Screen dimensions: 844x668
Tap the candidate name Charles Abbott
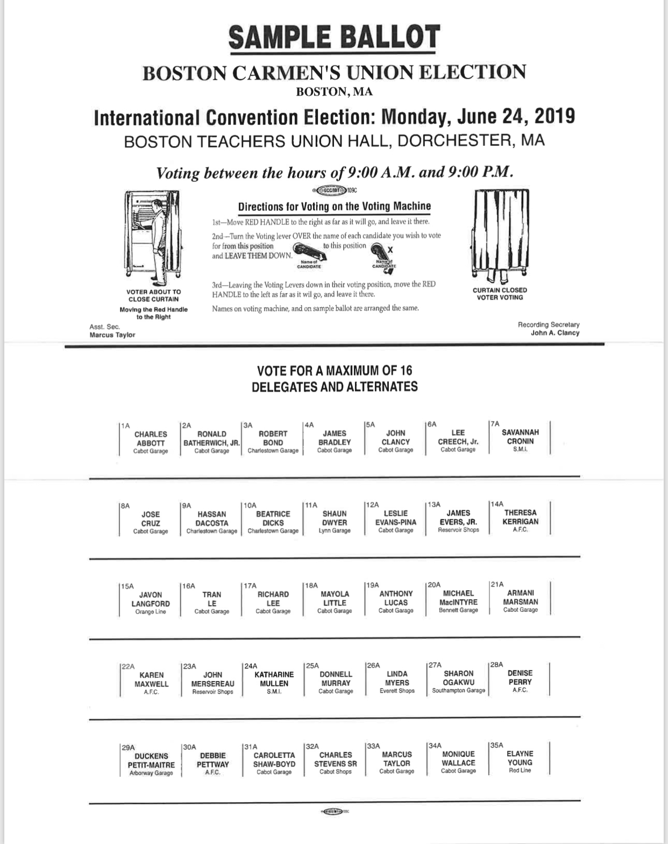[151, 438]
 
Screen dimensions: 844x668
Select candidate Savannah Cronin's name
[520, 436]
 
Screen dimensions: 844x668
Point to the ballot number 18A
[311, 585]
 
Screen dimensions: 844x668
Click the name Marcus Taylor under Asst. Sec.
[112, 335]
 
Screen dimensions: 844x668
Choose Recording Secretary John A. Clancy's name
[555, 332]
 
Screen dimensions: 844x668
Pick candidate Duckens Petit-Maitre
[151, 760]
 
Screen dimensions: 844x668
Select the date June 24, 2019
[516, 116]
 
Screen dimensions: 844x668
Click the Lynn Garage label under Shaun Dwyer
[335, 530]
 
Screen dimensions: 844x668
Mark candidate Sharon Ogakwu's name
[458, 678]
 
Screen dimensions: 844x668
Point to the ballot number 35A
[496, 745]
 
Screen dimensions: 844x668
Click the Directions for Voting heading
[334, 206]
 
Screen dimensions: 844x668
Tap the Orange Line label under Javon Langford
[151, 612]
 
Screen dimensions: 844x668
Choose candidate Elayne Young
[520, 758]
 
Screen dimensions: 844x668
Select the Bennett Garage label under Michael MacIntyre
[458, 610]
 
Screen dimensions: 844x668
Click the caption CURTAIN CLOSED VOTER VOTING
[500, 293]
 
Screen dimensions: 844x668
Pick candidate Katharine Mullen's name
[274, 679]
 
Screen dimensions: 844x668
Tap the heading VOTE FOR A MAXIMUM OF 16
[335, 370]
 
